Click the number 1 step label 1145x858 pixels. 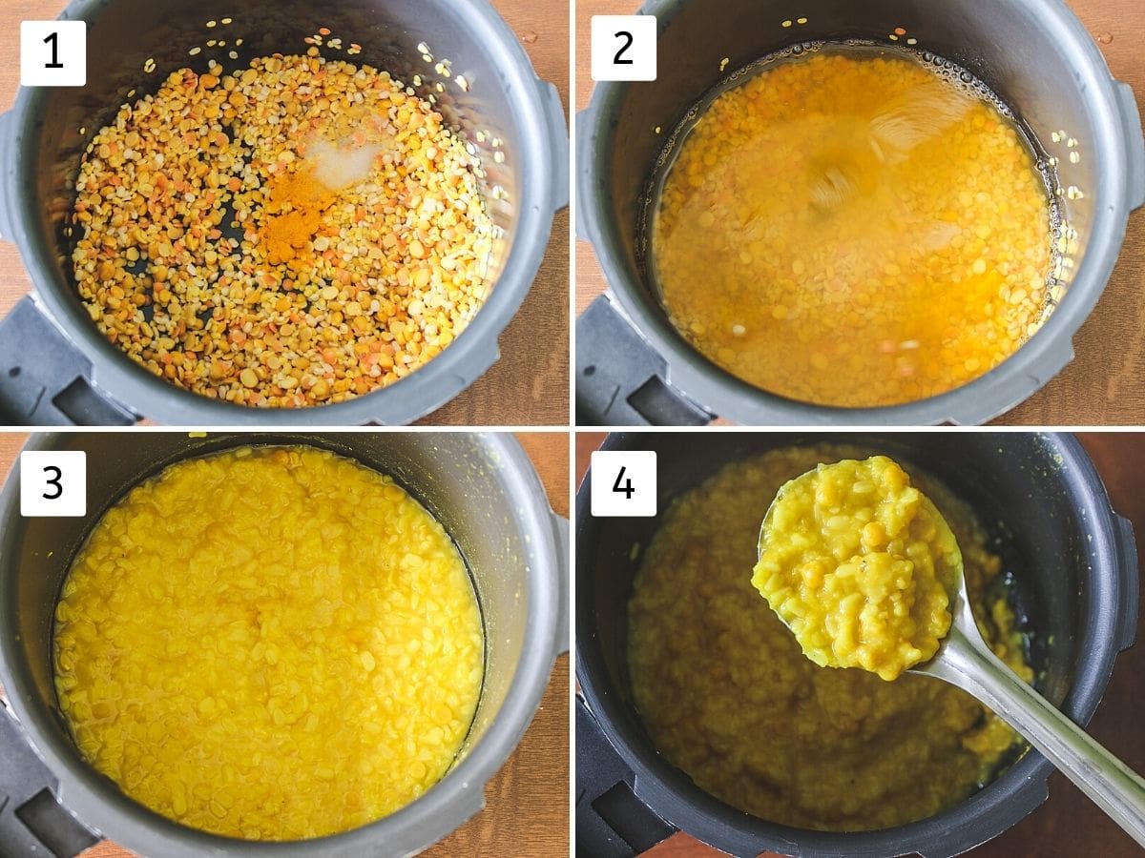(x=52, y=52)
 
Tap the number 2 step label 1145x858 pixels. (x=623, y=48)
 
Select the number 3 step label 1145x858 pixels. (x=52, y=483)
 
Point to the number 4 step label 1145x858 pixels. (x=623, y=483)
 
